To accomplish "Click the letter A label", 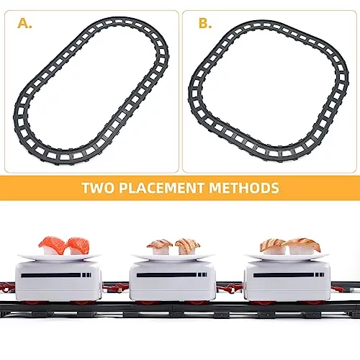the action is coord(24,24).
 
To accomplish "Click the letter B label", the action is coord(205,24).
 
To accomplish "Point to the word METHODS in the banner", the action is coord(244,188).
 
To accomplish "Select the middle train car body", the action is coord(172,282).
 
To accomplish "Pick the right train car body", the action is coord(287,282).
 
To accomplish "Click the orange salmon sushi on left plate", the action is coord(64,246).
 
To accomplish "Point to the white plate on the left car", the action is coord(59,258).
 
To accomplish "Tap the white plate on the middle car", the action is coord(173,258).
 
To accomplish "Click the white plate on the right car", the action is coord(287,257).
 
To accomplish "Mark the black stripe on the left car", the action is coord(51,275).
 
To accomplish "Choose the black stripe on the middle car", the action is coord(166,275).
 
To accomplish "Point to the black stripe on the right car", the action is coord(284,275).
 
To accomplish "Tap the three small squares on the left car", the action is coord(86,275).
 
